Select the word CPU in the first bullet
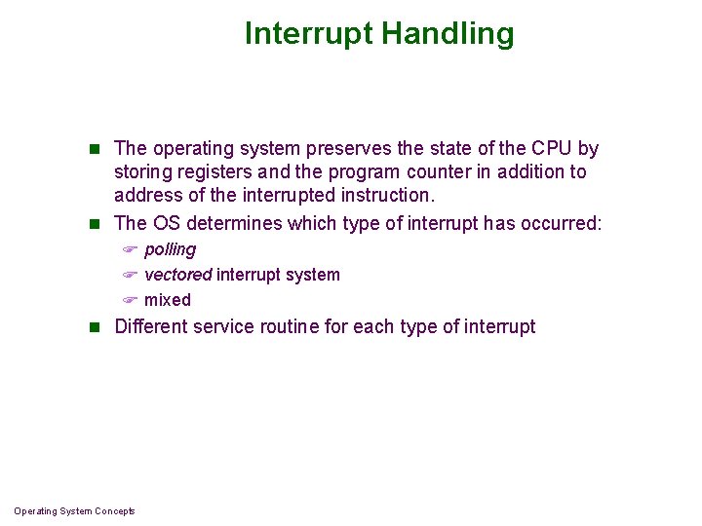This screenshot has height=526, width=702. [553, 149]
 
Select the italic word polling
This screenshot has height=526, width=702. [170, 249]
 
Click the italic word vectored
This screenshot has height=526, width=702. [177, 275]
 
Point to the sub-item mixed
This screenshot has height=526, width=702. [168, 300]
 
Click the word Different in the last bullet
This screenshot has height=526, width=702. [151, 326]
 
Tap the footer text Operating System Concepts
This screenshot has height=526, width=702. [75, 511]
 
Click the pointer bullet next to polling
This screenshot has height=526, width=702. [128, 250]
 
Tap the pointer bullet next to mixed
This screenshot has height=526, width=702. [128, 301]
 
